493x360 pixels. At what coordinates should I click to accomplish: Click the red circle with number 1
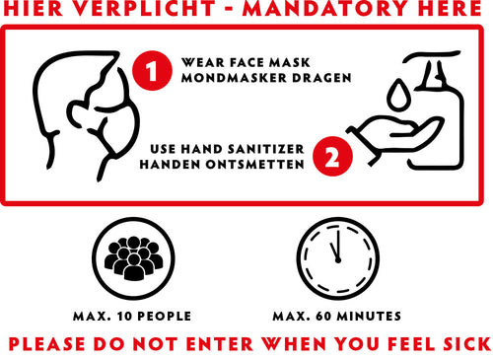click(x=152, y=70)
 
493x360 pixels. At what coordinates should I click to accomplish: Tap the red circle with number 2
click(x=332, y=156)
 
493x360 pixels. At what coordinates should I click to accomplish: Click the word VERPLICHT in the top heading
click(x=143, y=8)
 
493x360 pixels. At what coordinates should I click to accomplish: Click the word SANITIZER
click(x=266, y=149)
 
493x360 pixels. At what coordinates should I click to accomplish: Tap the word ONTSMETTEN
click(x=255, y=164)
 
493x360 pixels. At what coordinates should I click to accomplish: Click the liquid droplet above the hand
click(x=398, y=95)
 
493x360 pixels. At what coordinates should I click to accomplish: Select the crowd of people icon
click(x=133, y=258)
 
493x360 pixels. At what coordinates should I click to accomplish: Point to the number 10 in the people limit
click(x=124, y=317)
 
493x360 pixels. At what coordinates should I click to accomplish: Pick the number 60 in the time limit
click(x=323, y=317)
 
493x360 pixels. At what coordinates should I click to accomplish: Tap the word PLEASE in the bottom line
click(x=46, y=344)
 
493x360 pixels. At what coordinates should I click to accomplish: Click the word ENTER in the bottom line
click(x=220, y=344)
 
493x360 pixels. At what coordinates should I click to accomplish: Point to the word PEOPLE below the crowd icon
click(x=165, y=317)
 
